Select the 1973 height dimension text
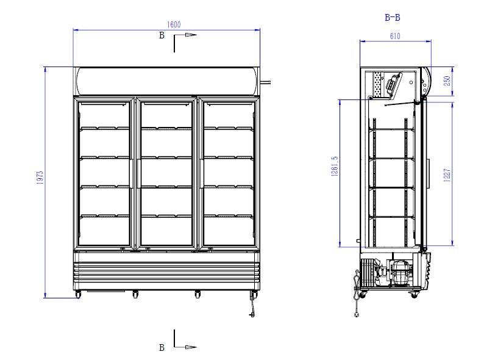point(39,178)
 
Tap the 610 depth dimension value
point(394,37)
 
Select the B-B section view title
point(393,18)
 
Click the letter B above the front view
point(162,35)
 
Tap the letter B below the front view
point(162,347)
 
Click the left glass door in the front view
point(104,173)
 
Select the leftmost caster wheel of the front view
point(77,295)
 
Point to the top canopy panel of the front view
point(166,81)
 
